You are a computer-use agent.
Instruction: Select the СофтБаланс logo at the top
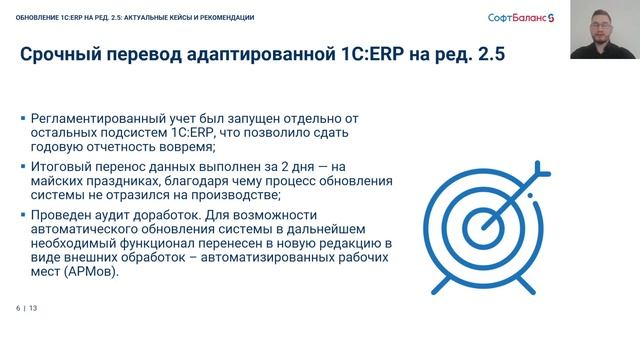[520, 18]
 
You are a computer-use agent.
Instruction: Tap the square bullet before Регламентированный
[23, 118]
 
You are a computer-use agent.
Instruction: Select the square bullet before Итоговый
[23, 166]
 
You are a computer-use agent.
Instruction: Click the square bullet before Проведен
[23, 215]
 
